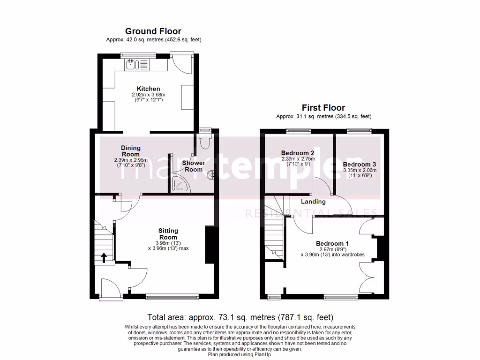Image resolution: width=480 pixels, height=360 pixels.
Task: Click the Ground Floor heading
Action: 153,32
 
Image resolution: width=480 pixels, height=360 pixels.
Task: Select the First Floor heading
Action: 323,108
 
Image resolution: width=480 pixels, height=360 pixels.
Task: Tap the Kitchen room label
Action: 148,89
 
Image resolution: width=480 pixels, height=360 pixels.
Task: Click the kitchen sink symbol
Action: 131,64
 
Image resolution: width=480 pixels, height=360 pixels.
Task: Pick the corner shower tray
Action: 179,184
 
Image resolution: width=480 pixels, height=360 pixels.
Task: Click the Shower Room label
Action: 194,166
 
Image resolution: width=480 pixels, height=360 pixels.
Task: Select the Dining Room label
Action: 131,151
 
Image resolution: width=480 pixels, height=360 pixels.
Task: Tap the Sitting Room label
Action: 168,234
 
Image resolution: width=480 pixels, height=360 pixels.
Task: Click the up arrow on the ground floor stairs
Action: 103,257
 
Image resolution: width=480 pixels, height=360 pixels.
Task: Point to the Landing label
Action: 313,202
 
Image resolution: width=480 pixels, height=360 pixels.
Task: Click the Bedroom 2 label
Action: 298,153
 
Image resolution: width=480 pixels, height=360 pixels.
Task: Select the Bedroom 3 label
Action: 359,164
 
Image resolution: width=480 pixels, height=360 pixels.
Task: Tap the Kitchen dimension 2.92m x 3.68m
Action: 149,95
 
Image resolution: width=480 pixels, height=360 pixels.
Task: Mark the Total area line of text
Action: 240,317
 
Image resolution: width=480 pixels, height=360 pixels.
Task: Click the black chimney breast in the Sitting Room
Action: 210,245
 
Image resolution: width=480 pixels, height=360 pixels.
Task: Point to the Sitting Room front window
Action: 172,296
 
